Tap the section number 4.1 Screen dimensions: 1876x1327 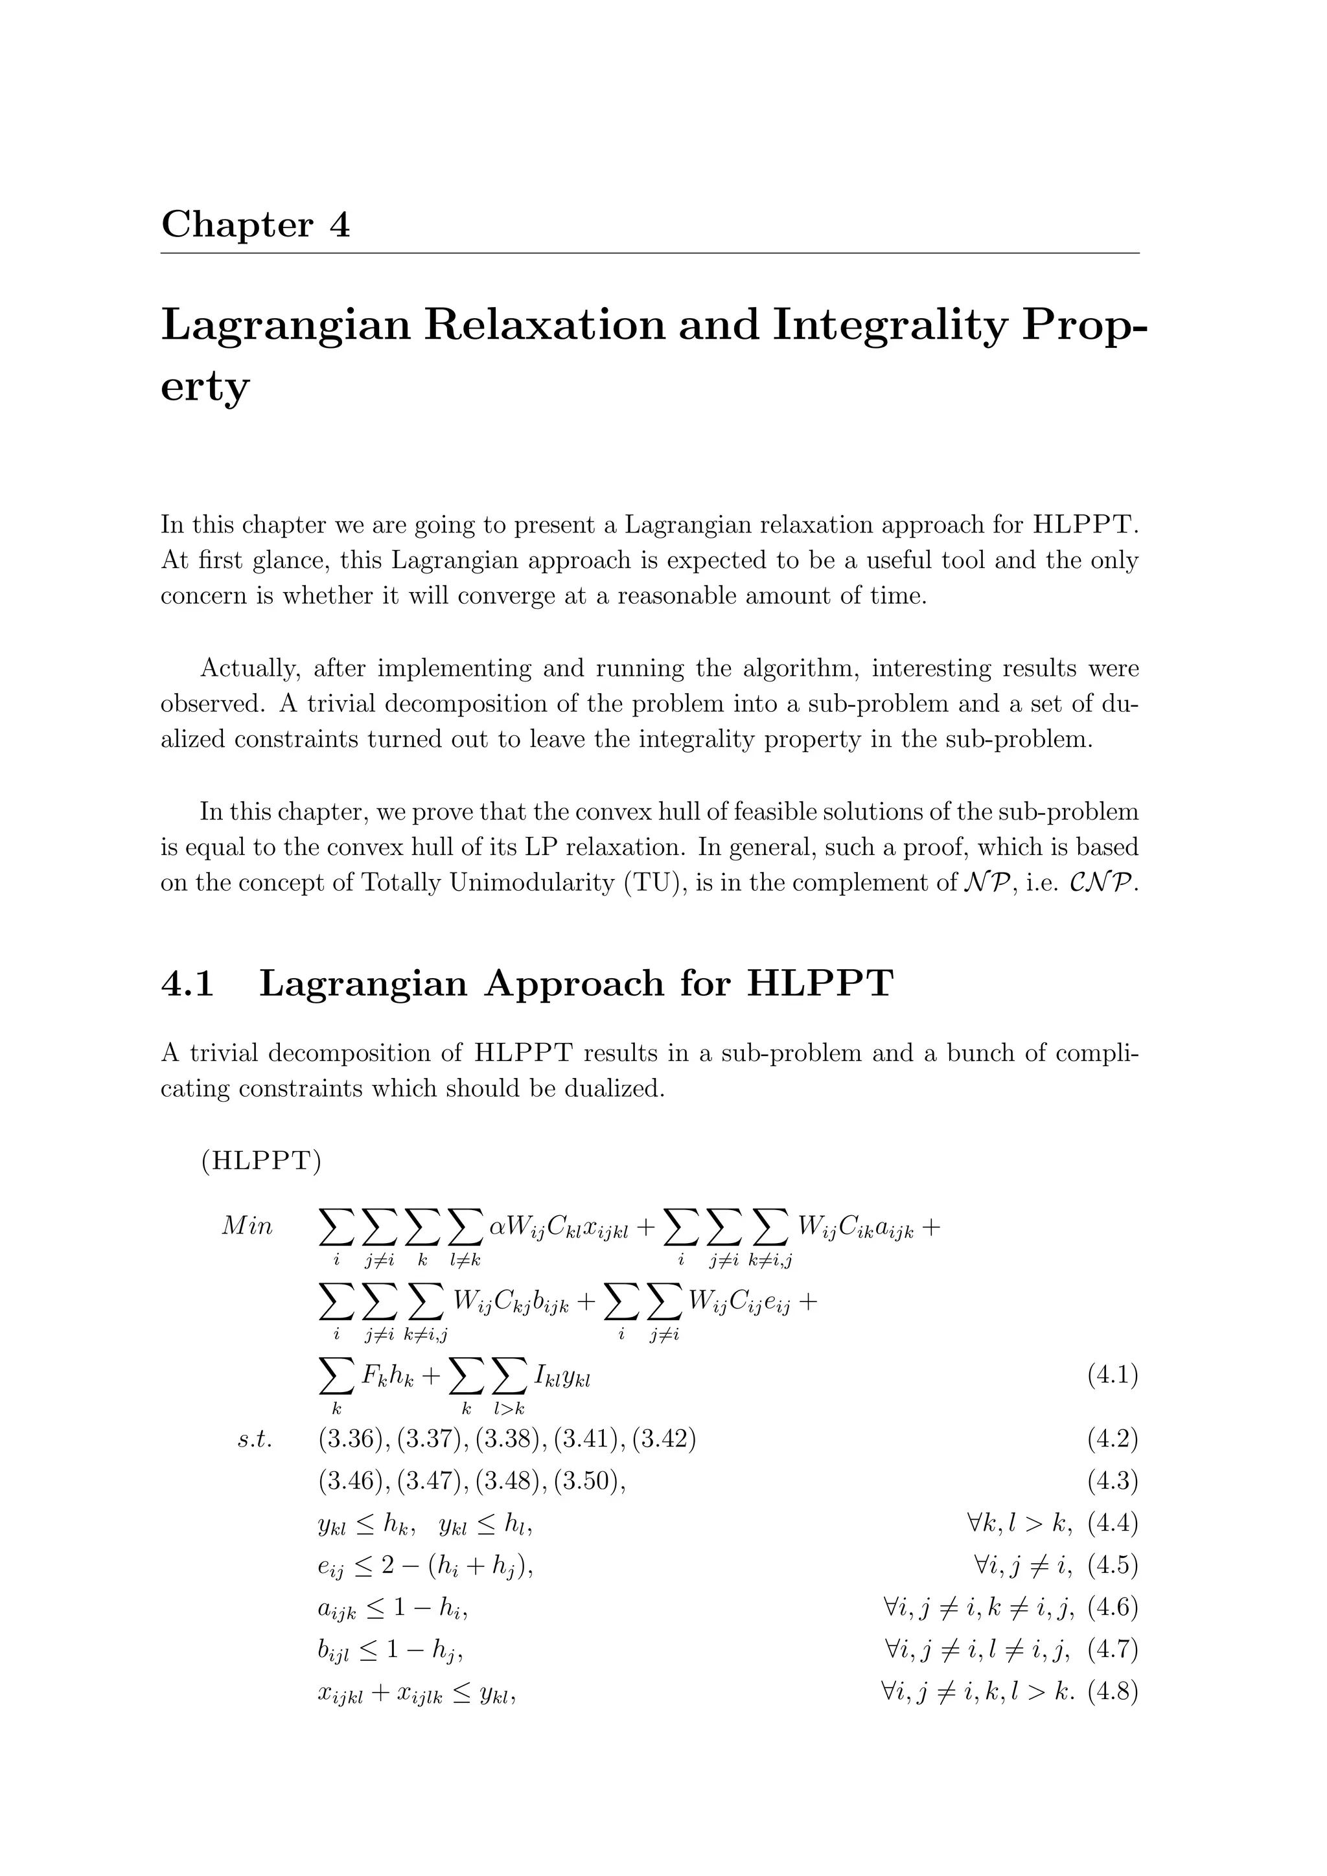pos(188,983)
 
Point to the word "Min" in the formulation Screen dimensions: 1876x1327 pos(247,1228)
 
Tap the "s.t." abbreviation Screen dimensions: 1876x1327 pos(254,1439)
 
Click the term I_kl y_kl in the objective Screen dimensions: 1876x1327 pos(562,1377)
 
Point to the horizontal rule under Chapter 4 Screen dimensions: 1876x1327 pos(650,253)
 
